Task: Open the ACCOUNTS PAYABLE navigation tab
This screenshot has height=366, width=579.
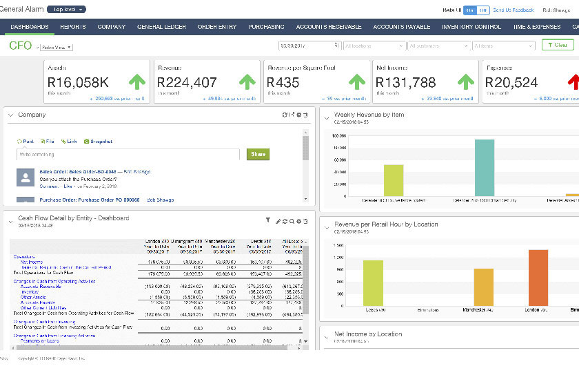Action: tap(402, 27)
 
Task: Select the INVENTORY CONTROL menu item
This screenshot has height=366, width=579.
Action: tap(471, 27)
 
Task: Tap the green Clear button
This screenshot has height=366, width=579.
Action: tap(557, 45)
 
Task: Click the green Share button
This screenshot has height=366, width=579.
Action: tap(258, 155)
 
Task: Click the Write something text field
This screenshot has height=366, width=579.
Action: tap(128, 155)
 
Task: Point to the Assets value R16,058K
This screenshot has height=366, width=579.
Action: tap(78, 82)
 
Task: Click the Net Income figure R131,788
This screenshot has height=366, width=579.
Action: tap(406, 82)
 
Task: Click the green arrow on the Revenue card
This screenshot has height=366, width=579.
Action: tap(247, 81)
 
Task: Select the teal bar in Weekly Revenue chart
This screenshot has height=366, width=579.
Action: tap(485, 168)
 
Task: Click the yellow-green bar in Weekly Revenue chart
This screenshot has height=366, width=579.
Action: tap(394, 180)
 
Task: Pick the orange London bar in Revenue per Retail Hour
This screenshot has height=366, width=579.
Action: tap(538, 278)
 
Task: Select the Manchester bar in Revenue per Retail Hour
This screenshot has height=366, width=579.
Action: tap(483, 287)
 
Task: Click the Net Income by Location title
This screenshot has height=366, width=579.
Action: tap(367, 334)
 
